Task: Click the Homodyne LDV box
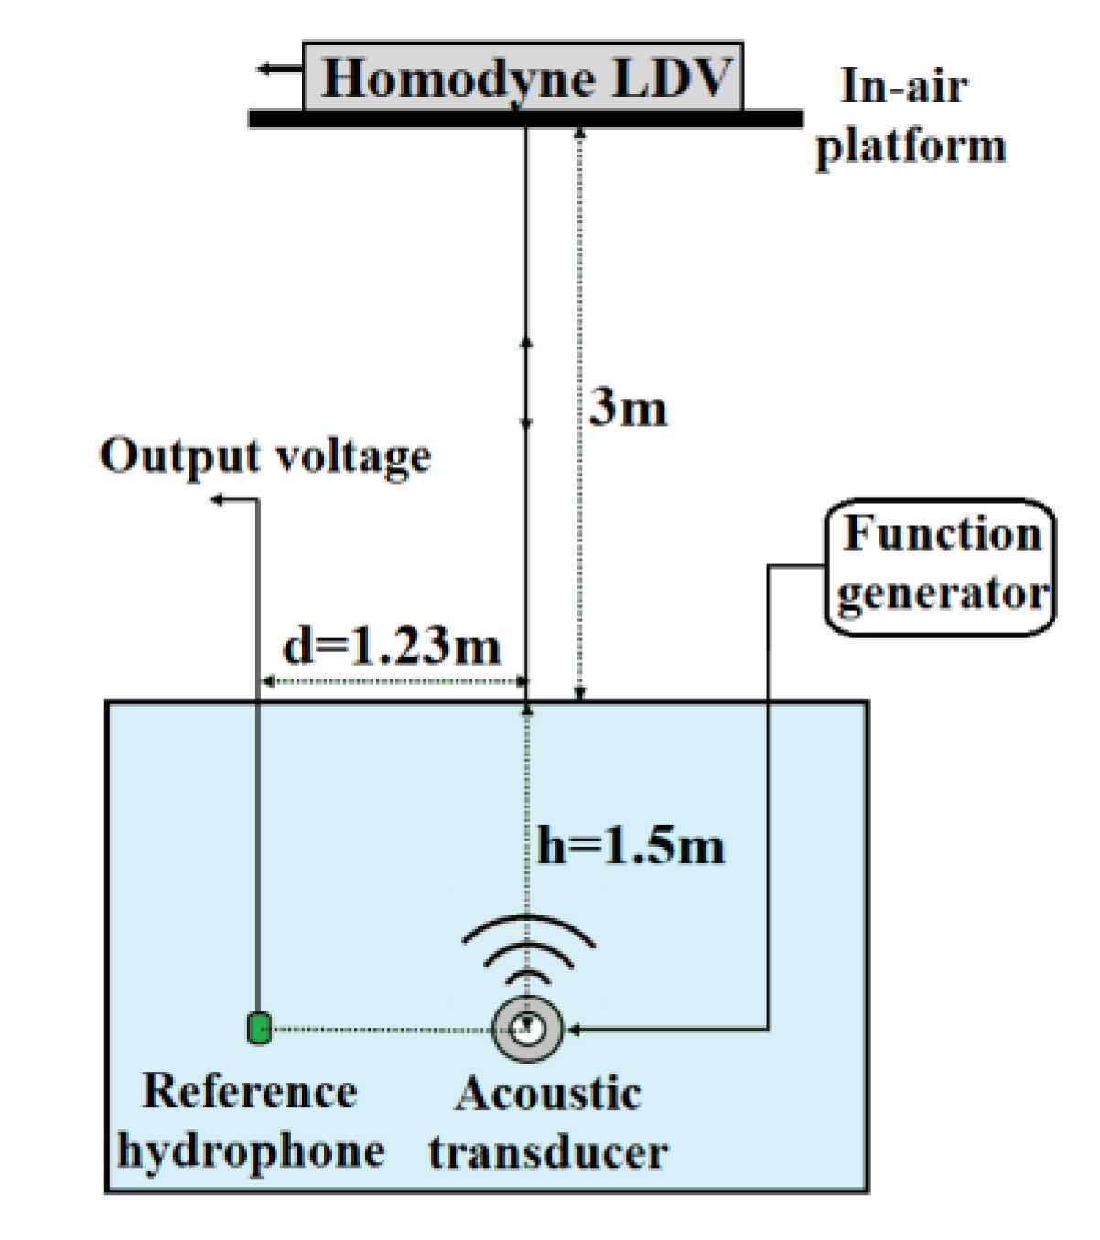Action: (523, 77)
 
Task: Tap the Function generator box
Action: (941, 566)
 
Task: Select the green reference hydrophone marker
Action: (259, 1028)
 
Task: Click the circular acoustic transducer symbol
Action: (526, 1029)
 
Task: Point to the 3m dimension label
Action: (628, 408)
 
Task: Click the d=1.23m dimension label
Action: (392, 647)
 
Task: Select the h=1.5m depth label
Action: (631, 846)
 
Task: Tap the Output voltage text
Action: (265, 455)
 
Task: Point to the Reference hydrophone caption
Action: (251, 1120)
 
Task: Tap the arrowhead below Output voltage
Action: (218, 499)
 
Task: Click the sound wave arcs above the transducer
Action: (528, 950)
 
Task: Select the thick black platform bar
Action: (525, 119)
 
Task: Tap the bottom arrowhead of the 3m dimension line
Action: (578, 696)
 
